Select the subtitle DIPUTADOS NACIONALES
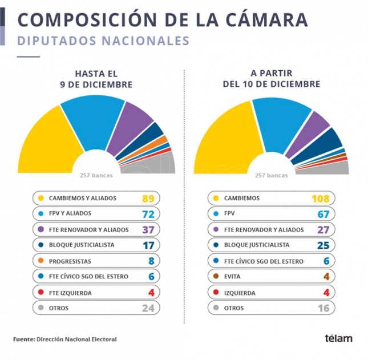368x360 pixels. [x=103, y=41]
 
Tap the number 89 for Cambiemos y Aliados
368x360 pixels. [x=148, y=199]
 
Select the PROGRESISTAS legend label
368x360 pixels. [x=70, y=261]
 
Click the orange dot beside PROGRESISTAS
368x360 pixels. [x=41, y=261]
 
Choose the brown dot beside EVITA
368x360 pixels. [x=215, y=277]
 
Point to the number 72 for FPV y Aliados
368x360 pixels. [x=148, y=214]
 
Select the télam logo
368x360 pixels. [x=338, y=338]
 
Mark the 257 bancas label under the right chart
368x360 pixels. [x=271, y=176]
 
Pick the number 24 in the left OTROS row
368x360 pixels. [x=148, y=308]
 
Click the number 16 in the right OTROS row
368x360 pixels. [x=324, y=308]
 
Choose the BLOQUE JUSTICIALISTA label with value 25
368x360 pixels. [x=256, y=245]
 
